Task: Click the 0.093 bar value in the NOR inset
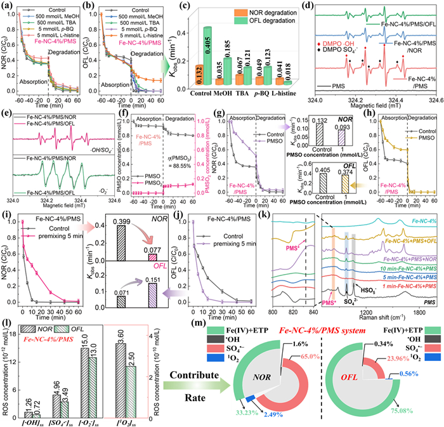(x=362, y=137)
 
